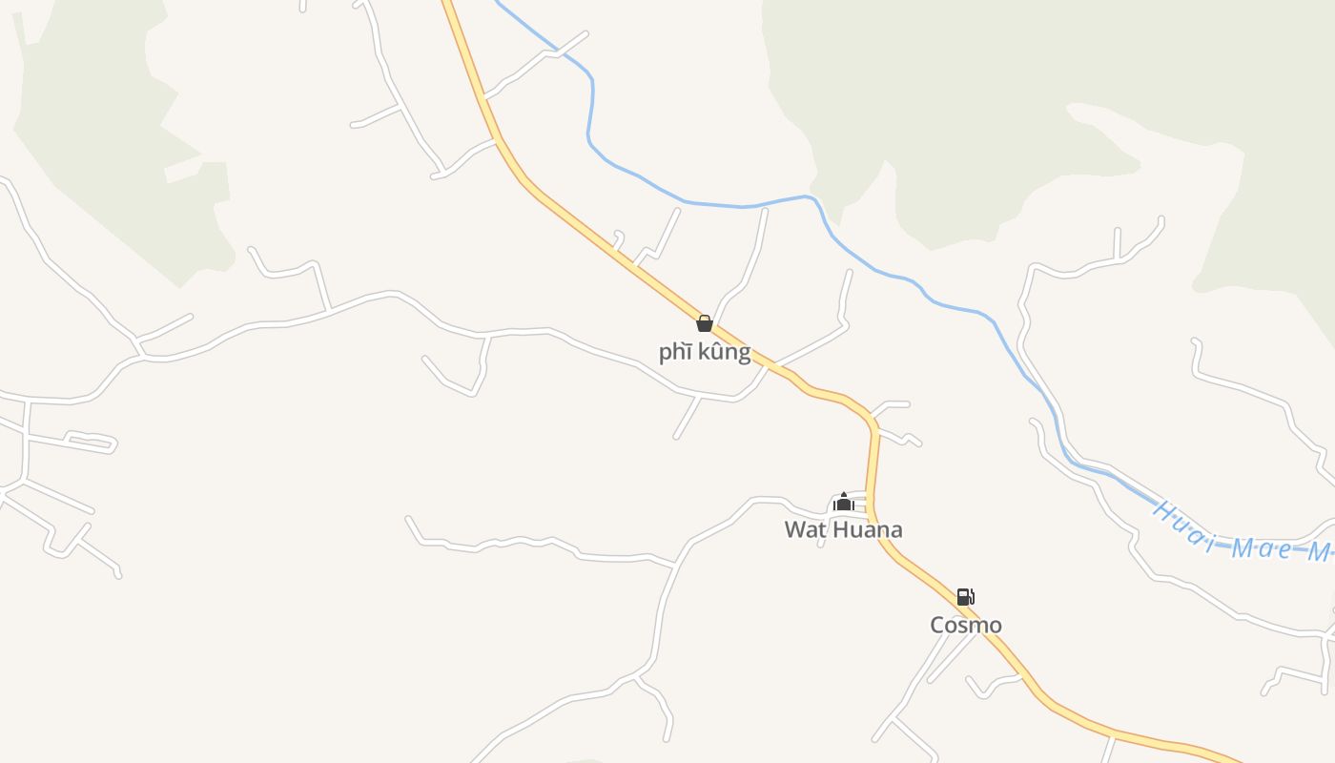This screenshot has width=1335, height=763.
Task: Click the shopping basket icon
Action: pyautogui.click(x=705, y=323)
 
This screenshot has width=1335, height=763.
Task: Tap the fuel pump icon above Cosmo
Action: pyautogui.click(x=965, y=597)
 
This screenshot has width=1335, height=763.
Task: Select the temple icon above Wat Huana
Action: pyautogui.click(x=843, y=502)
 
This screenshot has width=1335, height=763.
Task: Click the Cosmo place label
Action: pyautogui.click(x=966, y=625)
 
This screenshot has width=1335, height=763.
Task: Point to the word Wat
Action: pyautogui.click(x=804, y=529)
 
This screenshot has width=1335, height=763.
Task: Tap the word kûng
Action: pyautogui.click(x=724, y=352)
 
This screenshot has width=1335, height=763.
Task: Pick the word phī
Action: pyautogui.click(x=675, y=352)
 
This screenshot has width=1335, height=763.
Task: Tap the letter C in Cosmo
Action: pyautogui.click(x=938, y=625)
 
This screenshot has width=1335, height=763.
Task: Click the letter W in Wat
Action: pyautogui.click(x=794, y=529)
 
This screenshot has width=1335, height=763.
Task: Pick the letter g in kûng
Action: pyautogui.click(x=743, y=354)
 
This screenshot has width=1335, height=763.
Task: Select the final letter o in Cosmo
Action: pyautogui.click(x=995, y=626)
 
